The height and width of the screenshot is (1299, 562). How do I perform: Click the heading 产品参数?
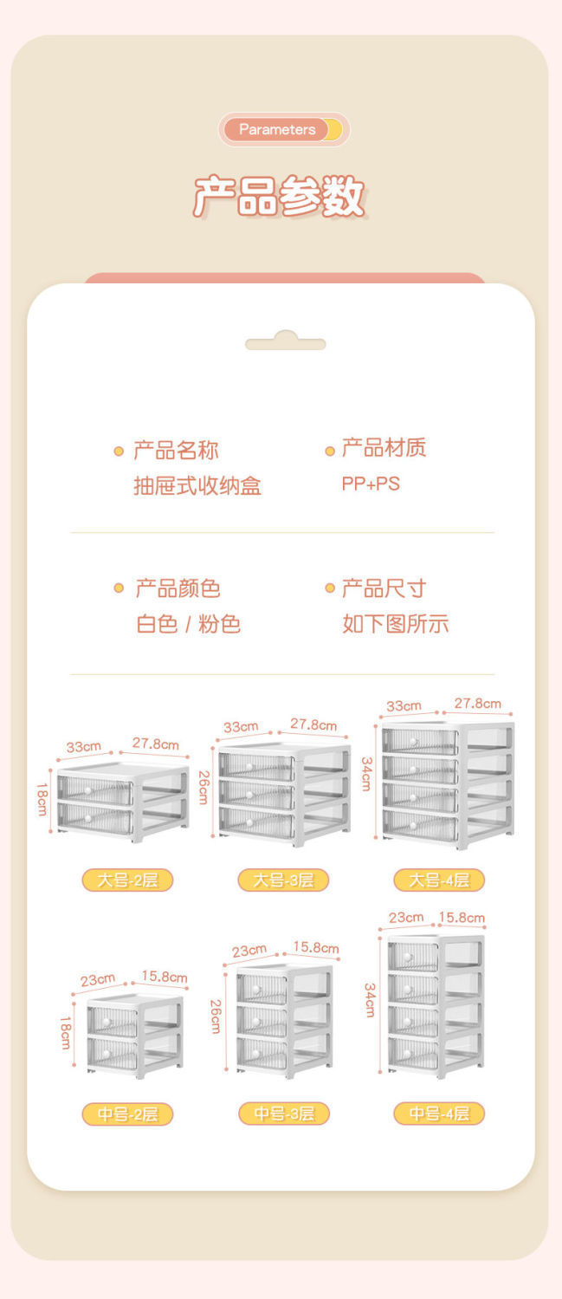[x=279, y=197]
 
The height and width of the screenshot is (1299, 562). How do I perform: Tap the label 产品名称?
[x=176, y=451]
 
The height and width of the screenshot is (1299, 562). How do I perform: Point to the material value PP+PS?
[x=371, y=484]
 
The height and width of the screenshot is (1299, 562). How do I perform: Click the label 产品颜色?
[x=178, y=589]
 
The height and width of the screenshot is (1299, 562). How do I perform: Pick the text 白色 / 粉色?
[x=188, y=624]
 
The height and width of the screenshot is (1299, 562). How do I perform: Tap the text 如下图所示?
[x=395, y=624]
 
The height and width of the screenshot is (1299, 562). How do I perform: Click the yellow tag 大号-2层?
[x=127, y=880]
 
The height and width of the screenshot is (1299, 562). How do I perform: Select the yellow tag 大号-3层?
[x=283, y=880]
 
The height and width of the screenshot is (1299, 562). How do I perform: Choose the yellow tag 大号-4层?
[x=439, y=880]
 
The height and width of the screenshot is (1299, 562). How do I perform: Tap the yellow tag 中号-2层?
[x=127, y=1114]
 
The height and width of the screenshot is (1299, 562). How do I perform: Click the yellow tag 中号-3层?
[x=283, y=1114]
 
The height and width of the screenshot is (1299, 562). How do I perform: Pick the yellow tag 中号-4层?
[x=439, y=1114]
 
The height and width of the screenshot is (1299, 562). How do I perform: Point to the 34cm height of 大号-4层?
[x=367, y=773]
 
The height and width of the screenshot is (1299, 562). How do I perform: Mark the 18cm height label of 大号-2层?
[x=42, y=799]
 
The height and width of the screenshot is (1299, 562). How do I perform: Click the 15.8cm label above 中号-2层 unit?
[x=165, y=977]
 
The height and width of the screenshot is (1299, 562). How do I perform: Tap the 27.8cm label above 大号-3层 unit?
[x=313, y=724]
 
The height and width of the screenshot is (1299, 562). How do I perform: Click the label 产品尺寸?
[x=384, y=589]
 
